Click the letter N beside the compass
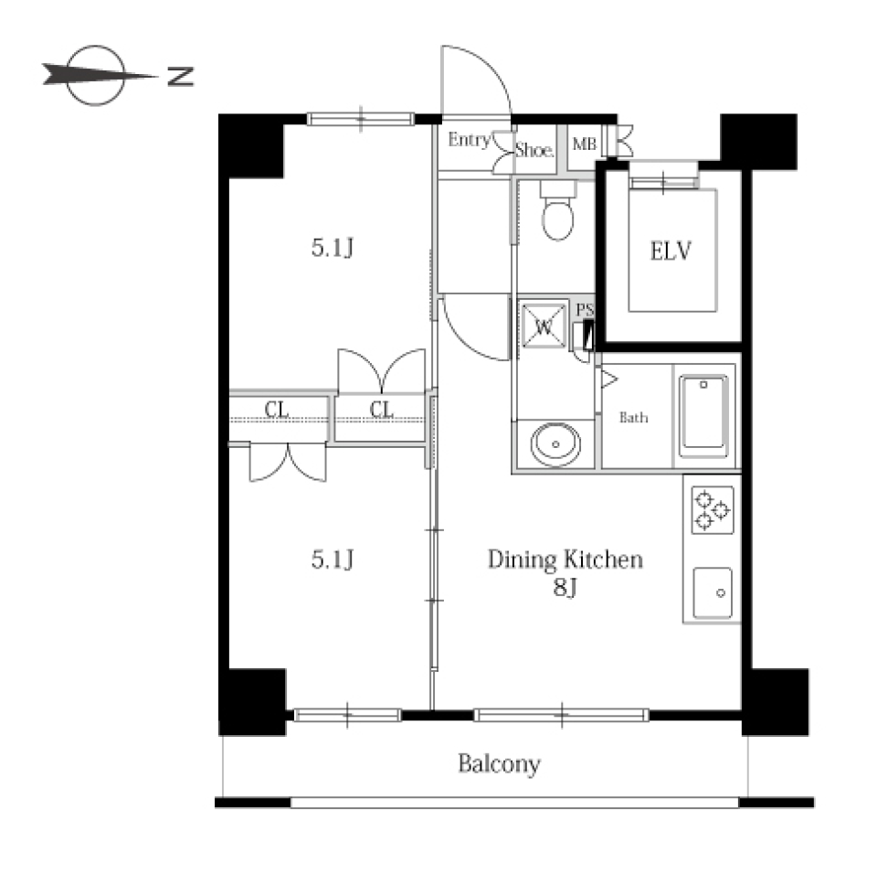pos(181,77)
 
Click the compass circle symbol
pos(95,75)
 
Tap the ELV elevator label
pos(671,251)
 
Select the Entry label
pos(470,139)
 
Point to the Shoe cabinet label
pos(534,150)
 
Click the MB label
pos(585,144)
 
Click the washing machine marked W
pos(544,326)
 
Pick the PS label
pos(585,310)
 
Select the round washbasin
pos(555,444)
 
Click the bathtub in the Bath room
pos(703,416)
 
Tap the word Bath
pos(633,418)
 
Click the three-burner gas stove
pos(713,509)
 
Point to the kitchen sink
pos(713,592)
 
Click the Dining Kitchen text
pos(565,560)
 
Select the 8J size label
pos(565,588)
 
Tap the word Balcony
pos(499,764)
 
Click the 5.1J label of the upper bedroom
pos(333,248)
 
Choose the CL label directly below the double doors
pos(381,410)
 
